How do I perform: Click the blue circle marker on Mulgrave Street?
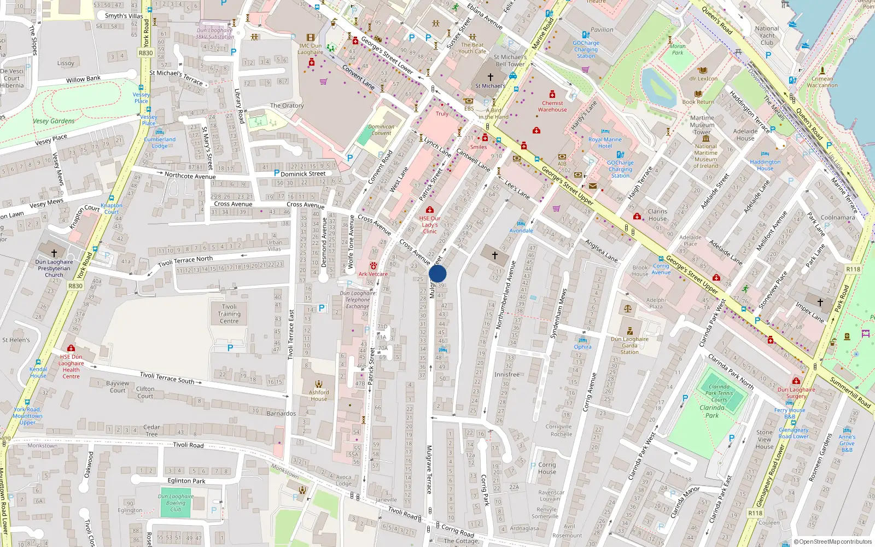pyautogui.click(x=437, y=273)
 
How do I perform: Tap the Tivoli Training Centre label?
pyautogui.click(x=229, y=314)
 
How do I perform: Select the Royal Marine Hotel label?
pyautogui.click(x=605, y=143)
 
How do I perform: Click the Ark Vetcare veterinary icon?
pyautogui.click(x=374, y=266)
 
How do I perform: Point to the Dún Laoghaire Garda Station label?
pyautogui.click(x=629, y=345)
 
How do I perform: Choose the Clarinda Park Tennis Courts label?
pyautogui.click(x=719, y=393)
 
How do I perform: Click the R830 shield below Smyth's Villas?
pyautogui.click(x=145, y=53)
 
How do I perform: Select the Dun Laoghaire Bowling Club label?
pyautogui.click(x=176, y=503)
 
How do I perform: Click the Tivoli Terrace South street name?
pyautogui.click(x=167, y=377)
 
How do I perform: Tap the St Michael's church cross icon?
pyautogui.click(x=490, y=77)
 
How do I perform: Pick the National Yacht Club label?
pyautogui.click(x=767, y=36)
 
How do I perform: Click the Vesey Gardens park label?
pyautogui.click(x=54, y=121)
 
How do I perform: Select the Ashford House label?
pyautogui.click(x=319, y=395)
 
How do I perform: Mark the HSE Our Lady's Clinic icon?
pyautogui.click(x=430, y=210)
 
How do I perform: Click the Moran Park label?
pyautogui.click(x=678, y=50)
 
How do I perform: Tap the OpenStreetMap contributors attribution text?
pyautogui.click(x=832, y=542)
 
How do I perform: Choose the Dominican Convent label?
pyautogui.click(x=381, y=130)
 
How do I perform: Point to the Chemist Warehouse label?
pyautogui.click(x=552, y=106)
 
